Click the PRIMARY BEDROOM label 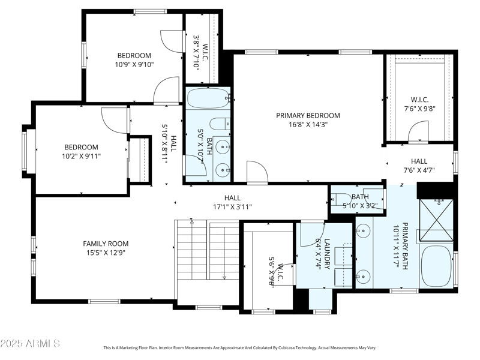pyautogui.click(x=308, y=115)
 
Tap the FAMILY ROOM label pyautogui.click(x=106, y=244)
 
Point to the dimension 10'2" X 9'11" pyautogui.click(x=81, y=156)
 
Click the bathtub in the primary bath pyautogui.click(x=435, y=266)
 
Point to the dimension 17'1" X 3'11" pyautogui.click(x=232, y=207)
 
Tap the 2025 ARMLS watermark pyautogui.click(x=30, y=344)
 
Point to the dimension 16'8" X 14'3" pyautogui.click(x=308, y=125)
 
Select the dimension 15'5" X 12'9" pyautogui.click(x=106, y=253)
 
